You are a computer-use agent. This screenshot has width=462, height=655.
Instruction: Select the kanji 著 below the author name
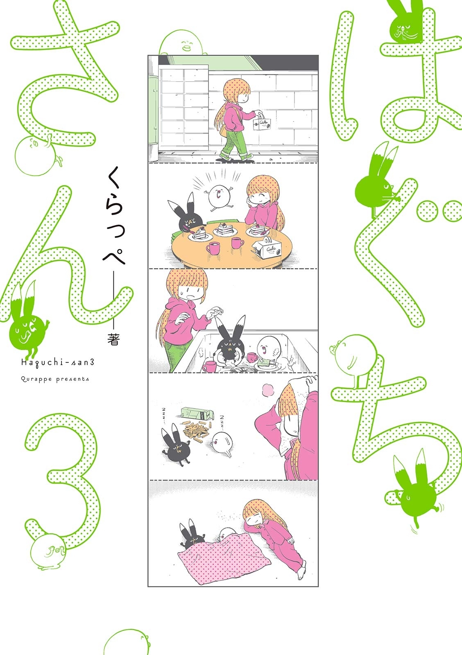[x=113, y=340]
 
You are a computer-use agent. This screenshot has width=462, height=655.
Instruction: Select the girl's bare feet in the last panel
[x=302, y=572]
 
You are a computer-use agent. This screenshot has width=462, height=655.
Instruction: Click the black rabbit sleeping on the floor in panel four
[x=175, y=446]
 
